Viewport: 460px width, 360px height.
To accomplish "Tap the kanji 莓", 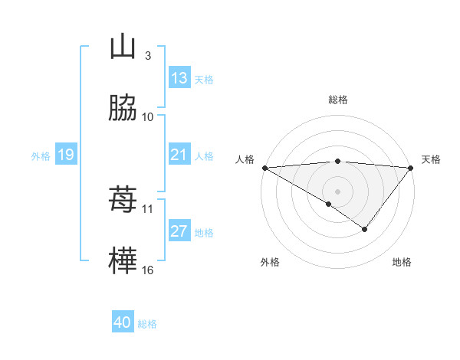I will click(123, 201).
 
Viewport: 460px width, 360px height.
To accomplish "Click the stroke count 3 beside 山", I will click(147, 55).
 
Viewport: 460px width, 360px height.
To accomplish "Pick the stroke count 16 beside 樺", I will click(148, 270).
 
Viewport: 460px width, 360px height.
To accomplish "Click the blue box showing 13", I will click(179, 78).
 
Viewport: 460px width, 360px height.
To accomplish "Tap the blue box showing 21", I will click(179, 155).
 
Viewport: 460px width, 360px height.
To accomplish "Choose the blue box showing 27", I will click(179, 232).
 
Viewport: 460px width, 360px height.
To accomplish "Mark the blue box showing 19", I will click(65, 155).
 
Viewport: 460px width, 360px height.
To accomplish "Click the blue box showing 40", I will click(123, 322).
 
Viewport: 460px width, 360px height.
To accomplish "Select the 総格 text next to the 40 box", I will click(147, 324).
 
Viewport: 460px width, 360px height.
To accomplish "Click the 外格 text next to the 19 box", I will click(41, 156).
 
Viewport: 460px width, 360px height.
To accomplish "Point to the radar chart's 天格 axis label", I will click(431, 159).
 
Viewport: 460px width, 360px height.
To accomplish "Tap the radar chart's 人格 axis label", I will click(245, 159).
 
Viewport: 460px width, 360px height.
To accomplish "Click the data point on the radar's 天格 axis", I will click(410, 168).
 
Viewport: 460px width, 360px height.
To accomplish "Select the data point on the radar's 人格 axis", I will click(264, 168).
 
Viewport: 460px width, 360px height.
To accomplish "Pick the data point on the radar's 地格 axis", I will click(365, 229).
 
